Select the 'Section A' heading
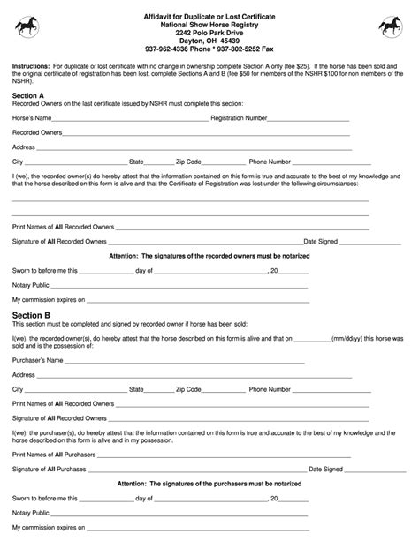(27, 93)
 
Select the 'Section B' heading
(30, 314)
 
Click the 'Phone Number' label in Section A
(270, 162)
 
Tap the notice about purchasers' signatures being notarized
(209, 484)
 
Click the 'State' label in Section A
(137, 162)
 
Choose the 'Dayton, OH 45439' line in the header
(209, 41)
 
